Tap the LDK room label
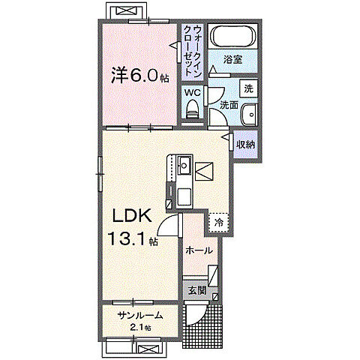pyautogui.click(x=133, y=216)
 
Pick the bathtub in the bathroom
pyautogui.click(x=232, y=36)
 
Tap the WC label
pyautogui.click(x=192, y=92)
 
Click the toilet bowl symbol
pyautogui.click(x=192, y=110)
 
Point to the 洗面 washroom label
pyautogui.click(x=229, y=106)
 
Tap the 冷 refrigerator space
pyautogui.click(x=219, y=222)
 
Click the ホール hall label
pyautogui.click(x=199, y=250)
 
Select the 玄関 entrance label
pyautogui.click(x=196, y=290)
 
